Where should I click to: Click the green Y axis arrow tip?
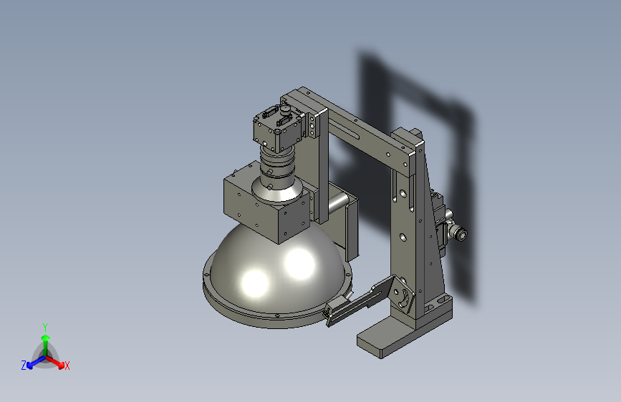(x=46, y=338)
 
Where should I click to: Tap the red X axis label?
(x=67, y=366)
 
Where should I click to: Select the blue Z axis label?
(x=24, y=366)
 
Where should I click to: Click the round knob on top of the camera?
(x=285, y=109)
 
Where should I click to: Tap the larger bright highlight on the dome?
(x=299, y=263)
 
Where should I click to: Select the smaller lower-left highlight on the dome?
(x=255, y=283)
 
